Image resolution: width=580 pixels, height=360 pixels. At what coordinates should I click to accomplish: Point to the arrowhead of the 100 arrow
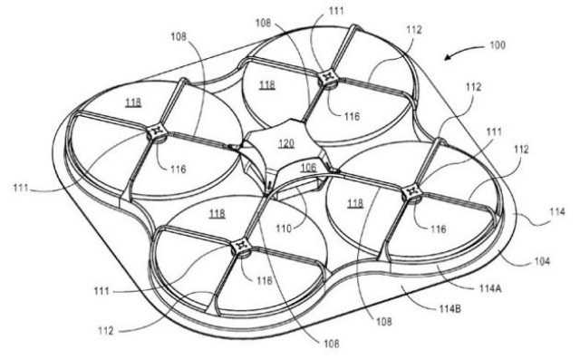click(x=444, y=61)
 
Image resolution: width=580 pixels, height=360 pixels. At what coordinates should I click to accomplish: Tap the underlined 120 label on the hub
click(x=286, y=143)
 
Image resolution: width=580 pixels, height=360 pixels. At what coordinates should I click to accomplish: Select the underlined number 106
click(x=308, y=167)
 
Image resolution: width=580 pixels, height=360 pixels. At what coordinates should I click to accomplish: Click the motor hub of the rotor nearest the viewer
click(x=242, y=246)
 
